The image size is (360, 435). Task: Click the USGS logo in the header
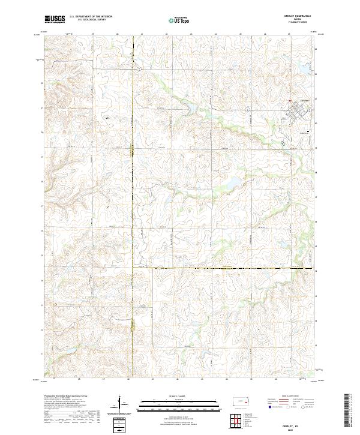[55, 19]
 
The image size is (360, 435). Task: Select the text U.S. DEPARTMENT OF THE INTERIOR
[91, 17]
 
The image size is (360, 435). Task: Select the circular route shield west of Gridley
[247, 109]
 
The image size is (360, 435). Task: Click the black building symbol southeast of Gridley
[309, 131]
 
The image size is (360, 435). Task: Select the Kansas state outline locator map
[241, 401]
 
